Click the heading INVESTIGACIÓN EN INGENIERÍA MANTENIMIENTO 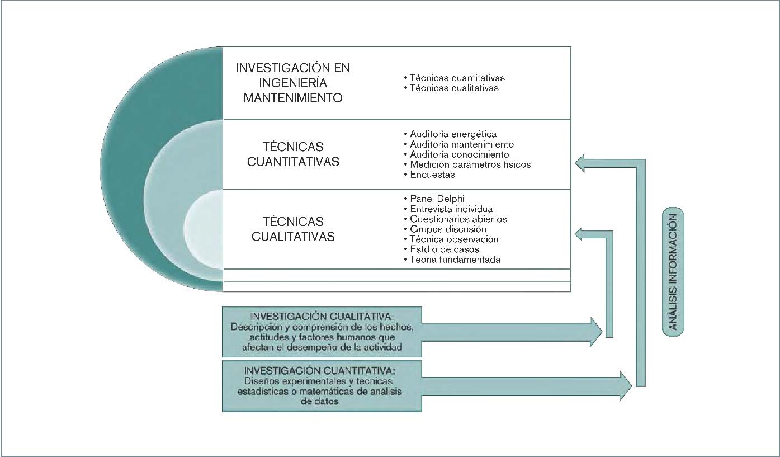(293, 83)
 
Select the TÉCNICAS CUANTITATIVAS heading (293, 154)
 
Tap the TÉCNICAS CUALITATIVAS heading (293, 229)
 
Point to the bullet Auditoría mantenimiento (462, 144)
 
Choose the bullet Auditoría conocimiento (459, 154)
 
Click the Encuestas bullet (432, 175)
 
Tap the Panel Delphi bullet (437, 199)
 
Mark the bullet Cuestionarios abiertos (458, 219)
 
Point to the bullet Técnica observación (454, 239)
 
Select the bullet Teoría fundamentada (455, 260)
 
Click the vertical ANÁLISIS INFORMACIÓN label (673, 272)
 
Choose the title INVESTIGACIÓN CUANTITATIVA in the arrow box (320, 370)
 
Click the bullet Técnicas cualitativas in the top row (453, 88)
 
